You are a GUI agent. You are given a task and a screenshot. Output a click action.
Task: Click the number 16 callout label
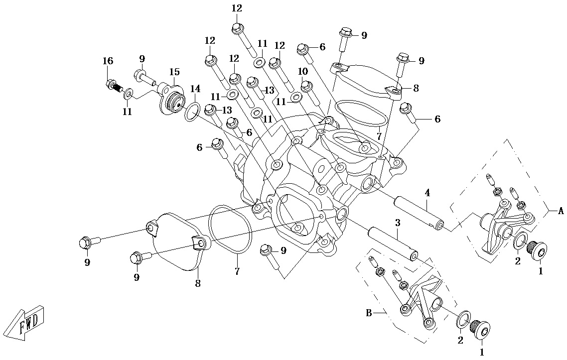point(108,61)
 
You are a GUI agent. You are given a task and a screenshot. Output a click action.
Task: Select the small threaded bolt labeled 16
point(114,86)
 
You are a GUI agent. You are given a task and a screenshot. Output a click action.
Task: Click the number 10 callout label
point(302,71)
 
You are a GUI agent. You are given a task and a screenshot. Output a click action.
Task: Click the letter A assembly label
point(561,211)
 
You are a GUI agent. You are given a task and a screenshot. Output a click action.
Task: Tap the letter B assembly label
point(369,313)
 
